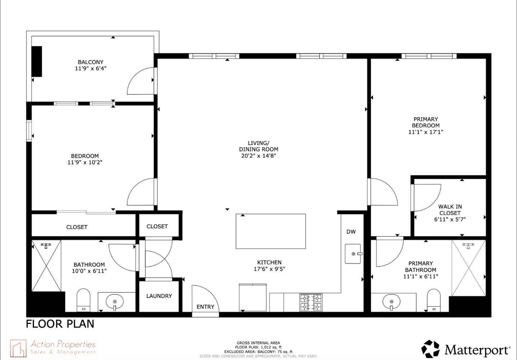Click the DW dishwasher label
click(x=351, y=232)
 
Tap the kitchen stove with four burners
click(x=311, y=302)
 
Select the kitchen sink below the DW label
click(x=353, y=254)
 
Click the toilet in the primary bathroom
click(x=434, y=300)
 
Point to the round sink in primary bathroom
click(x=391, y=302)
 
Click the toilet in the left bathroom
click(x=84, y=300)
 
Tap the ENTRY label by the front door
click(x=205, y=307)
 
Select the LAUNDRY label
click(x=159, y=296)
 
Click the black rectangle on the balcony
click(x=37, y=61)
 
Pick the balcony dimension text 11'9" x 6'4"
click(x=90, y=69)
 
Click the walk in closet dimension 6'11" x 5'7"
click(x=450, y=219)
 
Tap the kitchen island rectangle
click(x=271, y=231)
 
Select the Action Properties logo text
click(x=63, y=345)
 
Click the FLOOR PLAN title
click(x=60, y=324)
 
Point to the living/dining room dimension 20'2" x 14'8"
click(x=258, y=156)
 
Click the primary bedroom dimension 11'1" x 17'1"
click(x=426, y=132)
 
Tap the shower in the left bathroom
click(x=46, y=266)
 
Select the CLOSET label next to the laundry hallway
click(x=157, y=226)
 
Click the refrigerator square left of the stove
click(x=253, y=298)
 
